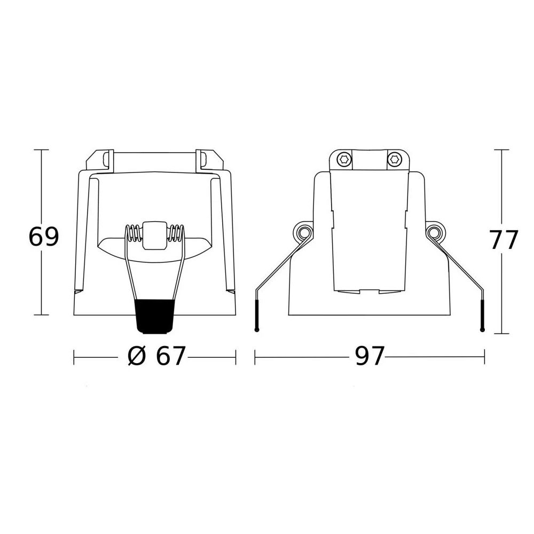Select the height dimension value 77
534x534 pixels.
505,240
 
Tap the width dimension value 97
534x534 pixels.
370,356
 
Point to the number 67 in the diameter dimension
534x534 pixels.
171,356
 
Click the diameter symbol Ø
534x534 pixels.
137,356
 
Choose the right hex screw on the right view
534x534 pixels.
395,159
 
